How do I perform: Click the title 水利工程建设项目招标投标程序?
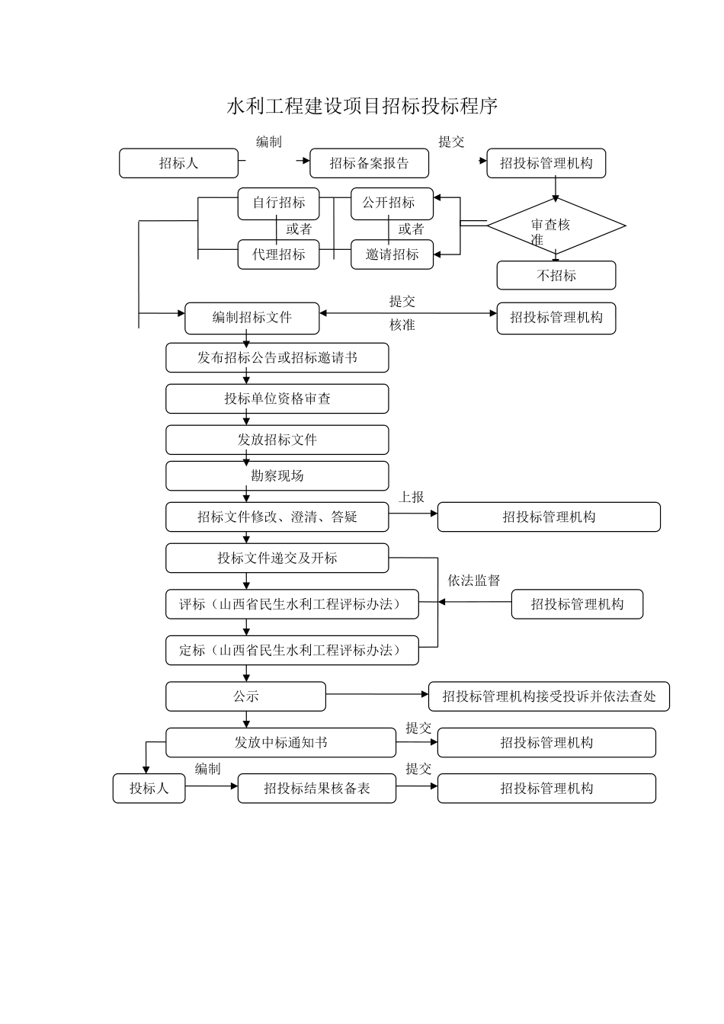[x=362, y=106]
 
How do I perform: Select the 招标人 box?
[x=178, y=163]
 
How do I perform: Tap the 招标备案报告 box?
[x=369, y=163]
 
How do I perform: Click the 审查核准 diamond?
[x=556, y=226]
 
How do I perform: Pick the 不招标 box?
[x=556, y=276]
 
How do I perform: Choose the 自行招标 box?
[x=278, y=203]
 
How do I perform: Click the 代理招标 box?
[x=278, y=254]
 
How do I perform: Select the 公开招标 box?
[x=392, y=203]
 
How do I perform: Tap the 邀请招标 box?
[x=392, y=254]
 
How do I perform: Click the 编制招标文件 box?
[x=251, y=318]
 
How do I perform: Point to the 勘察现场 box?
[x=277, y=475]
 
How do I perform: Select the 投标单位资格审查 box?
[x=277, y=398]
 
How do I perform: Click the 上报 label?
[x=412, y=497]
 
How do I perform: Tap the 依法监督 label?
[x=473, y=581]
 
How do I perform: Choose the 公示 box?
[x=245, y=696]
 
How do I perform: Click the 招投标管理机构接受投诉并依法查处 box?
[x=549, y=696]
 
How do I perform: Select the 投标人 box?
[x=149, y=789]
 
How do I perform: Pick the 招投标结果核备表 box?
[x=316, y=789]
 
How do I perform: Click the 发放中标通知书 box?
[x=280, y=743]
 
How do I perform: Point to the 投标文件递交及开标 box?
[x=277, y=558]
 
